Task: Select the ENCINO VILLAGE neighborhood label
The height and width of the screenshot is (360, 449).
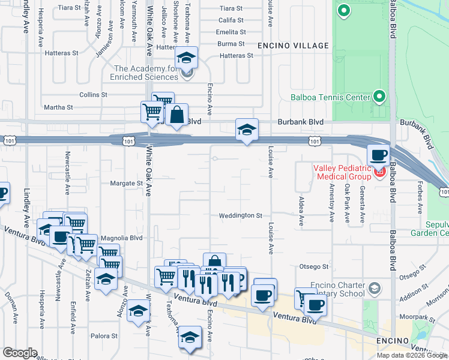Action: click(x=293, y=46)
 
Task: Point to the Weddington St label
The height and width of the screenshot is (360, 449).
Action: click(x=241, y=215)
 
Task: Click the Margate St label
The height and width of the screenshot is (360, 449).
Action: click(x=125, y=183)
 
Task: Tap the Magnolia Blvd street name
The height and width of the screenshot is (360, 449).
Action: click(x=121, y=238)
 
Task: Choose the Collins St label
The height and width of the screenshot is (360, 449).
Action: click(x=93, y=95)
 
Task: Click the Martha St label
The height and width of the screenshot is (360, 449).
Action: click(x=58, y=107)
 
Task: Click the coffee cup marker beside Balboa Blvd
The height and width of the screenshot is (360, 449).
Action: click(x=378, y=155)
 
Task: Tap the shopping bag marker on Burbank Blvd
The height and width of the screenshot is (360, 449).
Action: click(x=177, y=115)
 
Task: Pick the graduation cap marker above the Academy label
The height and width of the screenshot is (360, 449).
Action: click(x=187, y=58)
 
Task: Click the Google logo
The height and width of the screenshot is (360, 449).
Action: click(x=20, y=353)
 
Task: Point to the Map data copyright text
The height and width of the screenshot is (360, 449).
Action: click(x=411, y=355)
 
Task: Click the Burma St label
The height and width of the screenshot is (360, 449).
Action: click(x=231, y=44)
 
